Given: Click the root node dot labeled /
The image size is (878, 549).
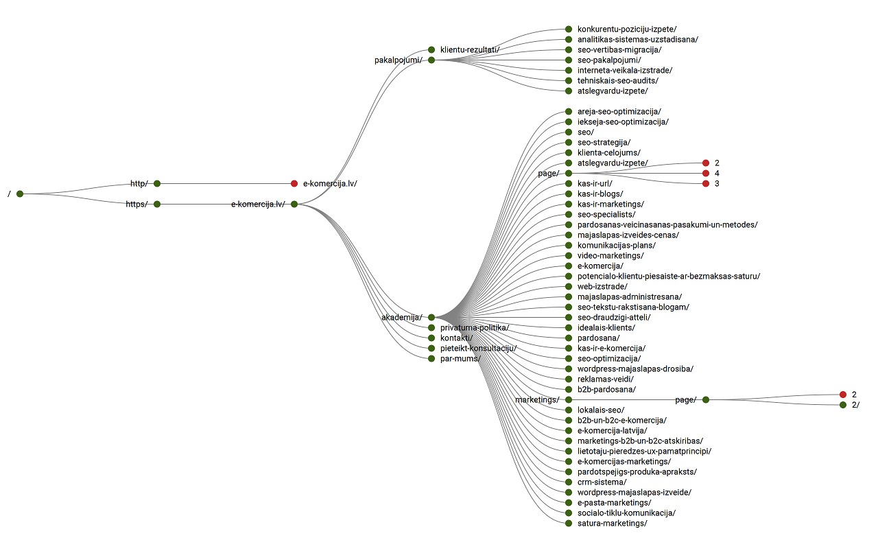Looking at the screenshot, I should click(20, 194).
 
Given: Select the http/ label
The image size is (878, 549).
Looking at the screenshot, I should click(139, 183).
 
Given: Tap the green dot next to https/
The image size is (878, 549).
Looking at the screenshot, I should click(157, 204).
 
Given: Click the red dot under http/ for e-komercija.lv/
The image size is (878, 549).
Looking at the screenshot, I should click(294, 183).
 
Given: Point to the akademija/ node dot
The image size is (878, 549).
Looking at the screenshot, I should click(431, 317).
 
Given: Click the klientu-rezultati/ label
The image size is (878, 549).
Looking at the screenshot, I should click(469, 49).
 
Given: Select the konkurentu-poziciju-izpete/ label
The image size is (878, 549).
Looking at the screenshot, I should click(627, 29).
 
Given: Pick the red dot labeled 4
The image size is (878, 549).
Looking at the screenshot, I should click(706, 173).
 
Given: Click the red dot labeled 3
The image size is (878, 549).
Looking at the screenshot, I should click(706, 183).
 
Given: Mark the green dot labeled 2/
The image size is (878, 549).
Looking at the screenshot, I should click(843, 405).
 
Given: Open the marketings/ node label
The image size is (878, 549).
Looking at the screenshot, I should click(537, 399).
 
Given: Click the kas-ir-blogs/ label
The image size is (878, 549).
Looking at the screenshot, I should click(600, 194).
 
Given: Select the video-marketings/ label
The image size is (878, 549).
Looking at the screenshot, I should click(610, 255).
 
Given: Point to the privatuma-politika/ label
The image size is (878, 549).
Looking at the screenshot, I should click(474, 327).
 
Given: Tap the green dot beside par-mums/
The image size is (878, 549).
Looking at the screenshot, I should click(431, 358).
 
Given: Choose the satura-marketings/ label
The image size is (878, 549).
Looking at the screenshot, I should click(612, 523).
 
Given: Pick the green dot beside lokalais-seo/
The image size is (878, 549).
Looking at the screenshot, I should click(569, 410).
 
